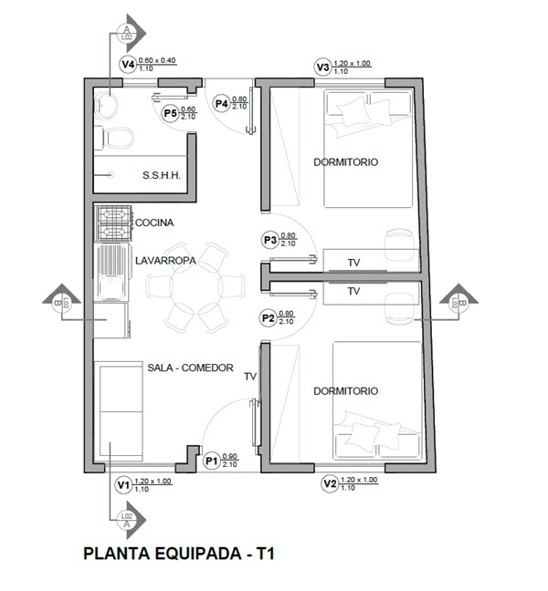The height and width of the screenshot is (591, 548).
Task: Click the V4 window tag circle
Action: tap(128, 65)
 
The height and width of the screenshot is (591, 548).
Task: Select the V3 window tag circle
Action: tap(321, 67)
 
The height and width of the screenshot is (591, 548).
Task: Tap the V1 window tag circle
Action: tap(123, 485)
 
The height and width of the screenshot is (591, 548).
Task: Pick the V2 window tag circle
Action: tap(329, 485)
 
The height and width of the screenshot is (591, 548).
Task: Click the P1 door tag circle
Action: tap(211, 461)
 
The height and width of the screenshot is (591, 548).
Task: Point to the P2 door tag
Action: tap(269, 318)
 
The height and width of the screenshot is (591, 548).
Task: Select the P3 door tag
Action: tap(269, 240)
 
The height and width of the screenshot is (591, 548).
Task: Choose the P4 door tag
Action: tap(221, 103)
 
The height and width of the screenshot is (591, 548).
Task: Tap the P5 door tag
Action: tap(169, 113)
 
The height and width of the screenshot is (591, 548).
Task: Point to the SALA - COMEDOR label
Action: tap(190, 368)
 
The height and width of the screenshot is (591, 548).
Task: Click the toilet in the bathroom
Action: tap(116, 137)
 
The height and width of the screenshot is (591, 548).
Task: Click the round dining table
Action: tap(193, 287)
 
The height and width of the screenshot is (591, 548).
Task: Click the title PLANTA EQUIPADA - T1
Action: tap(179, 554)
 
